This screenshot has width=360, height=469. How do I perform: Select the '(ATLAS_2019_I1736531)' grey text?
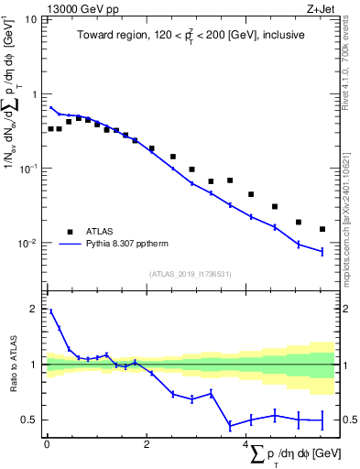point(191,274)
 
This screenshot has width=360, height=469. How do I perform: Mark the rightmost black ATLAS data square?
point(322,229)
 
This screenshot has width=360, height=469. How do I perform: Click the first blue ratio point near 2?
point(50,311)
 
